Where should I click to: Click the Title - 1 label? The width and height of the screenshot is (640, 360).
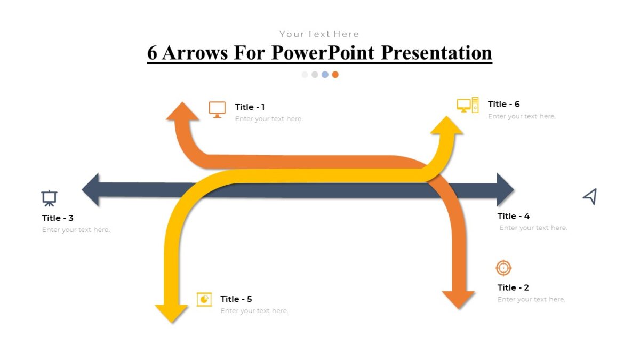click(250, 107)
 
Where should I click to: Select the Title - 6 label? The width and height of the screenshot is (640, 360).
click(503, 105)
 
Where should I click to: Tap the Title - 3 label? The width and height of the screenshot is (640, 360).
click(58, 218)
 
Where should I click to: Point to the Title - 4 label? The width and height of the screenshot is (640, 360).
click(513, 216)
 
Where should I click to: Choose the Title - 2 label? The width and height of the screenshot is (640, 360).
click(513, 287)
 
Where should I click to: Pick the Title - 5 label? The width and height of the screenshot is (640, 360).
click(236, 299)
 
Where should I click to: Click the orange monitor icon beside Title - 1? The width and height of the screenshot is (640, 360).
click(217, 109)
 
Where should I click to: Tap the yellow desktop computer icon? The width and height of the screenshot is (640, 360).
click(468, 105)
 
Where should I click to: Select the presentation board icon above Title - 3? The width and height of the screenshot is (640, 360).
click(49, 198)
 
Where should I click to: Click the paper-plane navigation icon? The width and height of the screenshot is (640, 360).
click(589, 196)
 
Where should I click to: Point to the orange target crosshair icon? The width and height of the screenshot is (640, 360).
click(503, 268)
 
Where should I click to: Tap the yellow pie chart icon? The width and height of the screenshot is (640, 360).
click(204, 299)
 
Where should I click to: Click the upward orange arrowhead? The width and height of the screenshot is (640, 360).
click(182, 112)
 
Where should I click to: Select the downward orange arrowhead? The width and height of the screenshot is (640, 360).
click(458, 299)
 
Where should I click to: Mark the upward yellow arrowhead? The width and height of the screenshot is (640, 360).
click(446, 125)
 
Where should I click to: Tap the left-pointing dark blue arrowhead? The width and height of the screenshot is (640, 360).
click(91, 189)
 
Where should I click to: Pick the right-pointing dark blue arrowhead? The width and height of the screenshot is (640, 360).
click(504, 189)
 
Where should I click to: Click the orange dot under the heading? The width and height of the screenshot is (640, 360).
click(335, 75)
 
